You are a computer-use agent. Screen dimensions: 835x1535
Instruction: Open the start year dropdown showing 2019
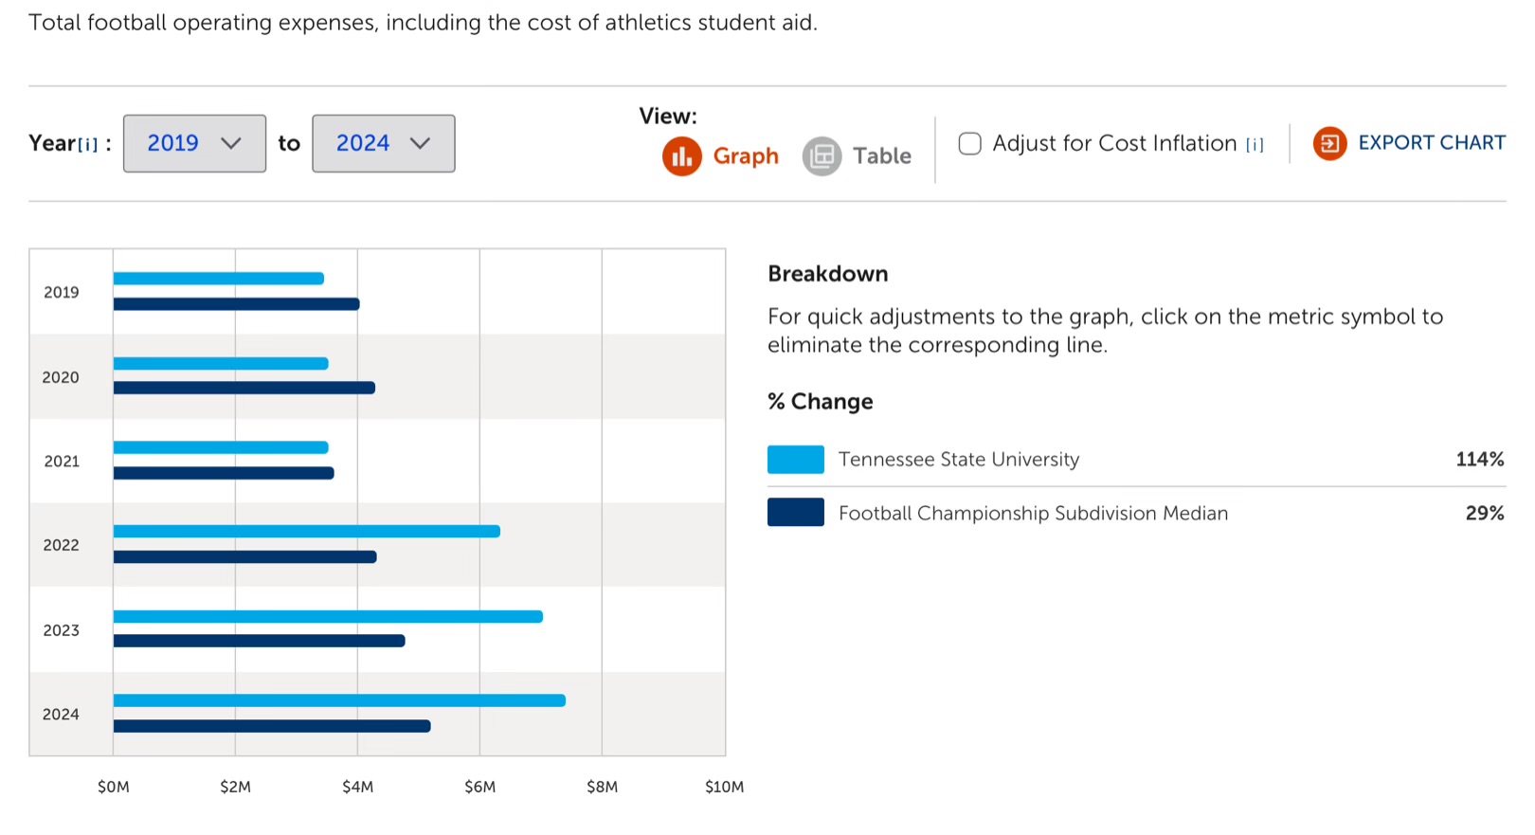point(194,143)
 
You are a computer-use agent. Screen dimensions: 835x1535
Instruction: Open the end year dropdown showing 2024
point(383,143)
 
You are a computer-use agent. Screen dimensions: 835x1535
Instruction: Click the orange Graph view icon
point(681,156)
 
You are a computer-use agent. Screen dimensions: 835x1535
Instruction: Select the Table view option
point(858,156)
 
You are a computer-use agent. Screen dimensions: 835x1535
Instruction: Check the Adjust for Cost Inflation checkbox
point(969,143)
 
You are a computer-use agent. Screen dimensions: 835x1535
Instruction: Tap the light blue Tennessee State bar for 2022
point(306,532)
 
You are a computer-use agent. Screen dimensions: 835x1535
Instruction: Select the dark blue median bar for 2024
point(272,726)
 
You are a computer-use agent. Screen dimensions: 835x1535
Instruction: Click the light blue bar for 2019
point(218,279)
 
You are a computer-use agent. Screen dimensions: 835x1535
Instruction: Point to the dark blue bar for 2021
point(224,473)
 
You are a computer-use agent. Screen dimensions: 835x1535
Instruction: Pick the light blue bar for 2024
point(339,700)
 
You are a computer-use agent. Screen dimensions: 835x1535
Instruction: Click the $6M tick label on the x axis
point(479,787)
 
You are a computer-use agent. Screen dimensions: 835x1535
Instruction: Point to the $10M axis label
point(724,787)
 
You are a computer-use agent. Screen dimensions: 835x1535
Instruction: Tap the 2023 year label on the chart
point(62,630)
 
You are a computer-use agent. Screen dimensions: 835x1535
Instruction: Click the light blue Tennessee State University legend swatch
point(795,460)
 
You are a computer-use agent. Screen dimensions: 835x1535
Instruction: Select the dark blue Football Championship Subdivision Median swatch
point(795,513)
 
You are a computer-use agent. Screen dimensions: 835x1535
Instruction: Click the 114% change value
point(1479,460)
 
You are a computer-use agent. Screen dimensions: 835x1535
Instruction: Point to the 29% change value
point(1484,513)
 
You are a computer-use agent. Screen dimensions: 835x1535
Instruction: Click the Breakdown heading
point(827,274)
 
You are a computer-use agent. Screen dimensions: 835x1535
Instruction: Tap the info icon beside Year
point(88,144)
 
